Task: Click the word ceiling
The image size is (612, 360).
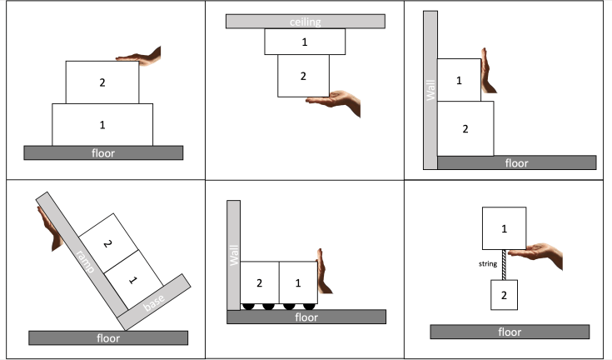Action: click(306, 22)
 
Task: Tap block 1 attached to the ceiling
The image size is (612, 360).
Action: click(305, 42)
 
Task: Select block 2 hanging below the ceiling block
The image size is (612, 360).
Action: click(303, 76)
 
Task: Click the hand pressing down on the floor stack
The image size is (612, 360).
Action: click(138, 57)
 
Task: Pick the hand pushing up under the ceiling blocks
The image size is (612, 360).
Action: click(334, 102)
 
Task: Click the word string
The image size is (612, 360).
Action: click(488, 264)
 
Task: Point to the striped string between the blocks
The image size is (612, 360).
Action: click(504, 265)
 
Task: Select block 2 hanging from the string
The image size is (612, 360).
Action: click(504, 295)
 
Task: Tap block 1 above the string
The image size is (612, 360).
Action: click(504, 228)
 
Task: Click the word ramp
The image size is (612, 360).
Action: click(86, 262)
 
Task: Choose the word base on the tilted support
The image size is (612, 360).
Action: click(154, 302)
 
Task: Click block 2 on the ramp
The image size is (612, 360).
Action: click(108, 243)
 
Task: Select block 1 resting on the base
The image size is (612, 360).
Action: click(133, 280)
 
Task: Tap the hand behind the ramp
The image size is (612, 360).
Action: click(50, 228)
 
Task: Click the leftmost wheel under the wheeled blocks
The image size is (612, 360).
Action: click(248, 307)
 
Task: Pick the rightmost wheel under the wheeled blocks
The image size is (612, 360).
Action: click(309, 307)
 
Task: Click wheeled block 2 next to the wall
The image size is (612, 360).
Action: click(260, 282)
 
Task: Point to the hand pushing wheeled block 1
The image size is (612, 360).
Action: click(324, 271)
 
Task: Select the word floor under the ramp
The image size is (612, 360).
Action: click(108, 338)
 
